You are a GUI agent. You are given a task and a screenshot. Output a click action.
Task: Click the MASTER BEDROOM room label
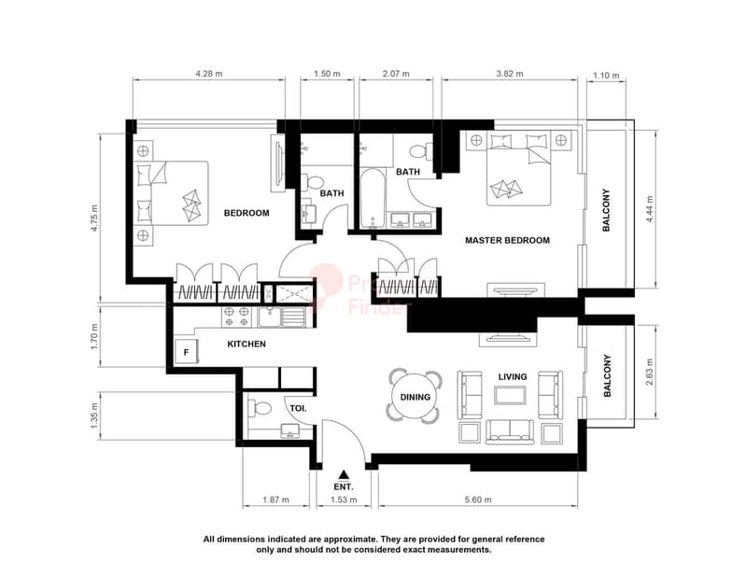pos(507,241)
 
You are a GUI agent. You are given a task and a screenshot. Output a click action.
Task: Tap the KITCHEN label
pos(247,344)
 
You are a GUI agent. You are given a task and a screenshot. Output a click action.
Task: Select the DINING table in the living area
pos(415,397)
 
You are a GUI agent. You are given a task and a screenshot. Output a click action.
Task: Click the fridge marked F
pos(186,352)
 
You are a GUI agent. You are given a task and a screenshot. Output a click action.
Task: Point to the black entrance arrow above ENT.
pos(344,474)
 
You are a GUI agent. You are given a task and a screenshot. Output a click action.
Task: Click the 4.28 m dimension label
pos(208,74)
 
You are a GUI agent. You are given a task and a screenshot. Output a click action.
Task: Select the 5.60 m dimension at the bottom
pos(478,500)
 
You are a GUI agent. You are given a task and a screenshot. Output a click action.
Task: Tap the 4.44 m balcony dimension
pos(650,209)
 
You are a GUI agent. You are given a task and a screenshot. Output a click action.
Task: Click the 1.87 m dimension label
pos(275,500)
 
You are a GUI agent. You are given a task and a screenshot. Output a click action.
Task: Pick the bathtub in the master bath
pos(372,199)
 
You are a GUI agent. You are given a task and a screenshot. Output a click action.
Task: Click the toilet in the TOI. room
pos(260,408)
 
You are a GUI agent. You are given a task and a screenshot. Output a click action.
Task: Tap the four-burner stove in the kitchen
pos(237,317)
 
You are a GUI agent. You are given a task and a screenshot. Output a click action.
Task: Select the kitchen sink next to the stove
pos(281,317)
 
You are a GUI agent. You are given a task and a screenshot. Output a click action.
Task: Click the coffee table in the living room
pos(510,395)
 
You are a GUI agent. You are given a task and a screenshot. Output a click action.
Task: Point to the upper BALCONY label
pos(606,211)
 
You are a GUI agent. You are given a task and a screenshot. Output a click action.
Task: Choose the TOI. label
pos(298,408)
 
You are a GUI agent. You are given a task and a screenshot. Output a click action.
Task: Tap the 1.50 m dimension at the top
pos(327,74)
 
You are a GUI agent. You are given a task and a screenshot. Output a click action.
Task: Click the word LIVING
pos(513,377)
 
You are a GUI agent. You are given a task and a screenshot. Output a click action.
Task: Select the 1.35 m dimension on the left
pos(94,415)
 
